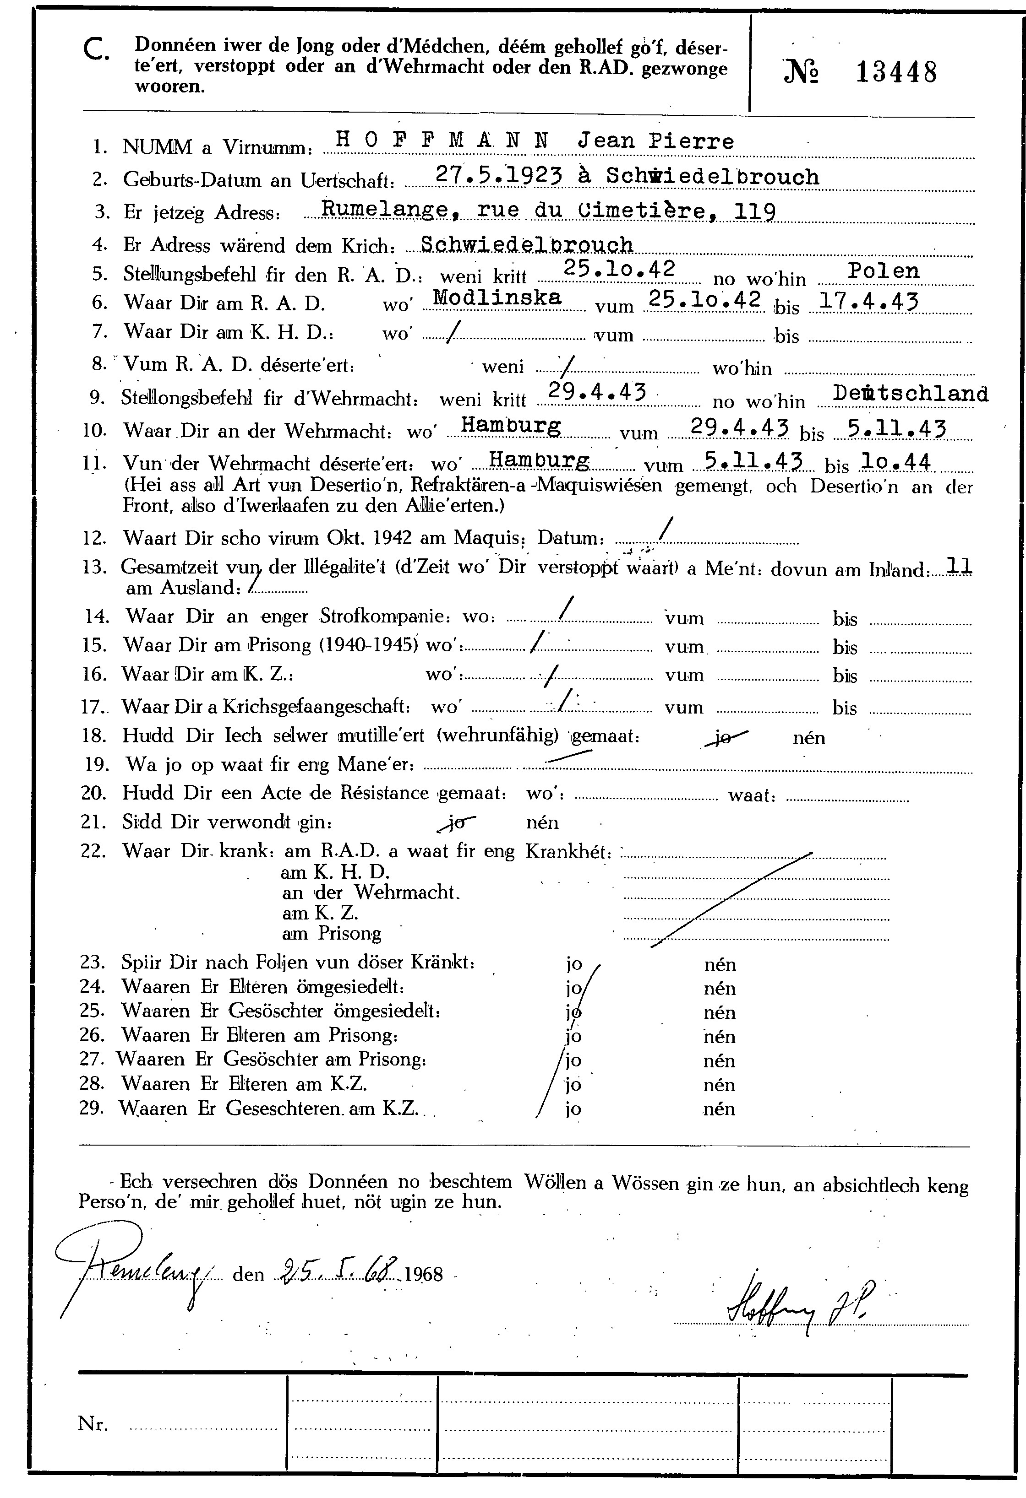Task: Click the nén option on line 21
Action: point(542,823)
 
